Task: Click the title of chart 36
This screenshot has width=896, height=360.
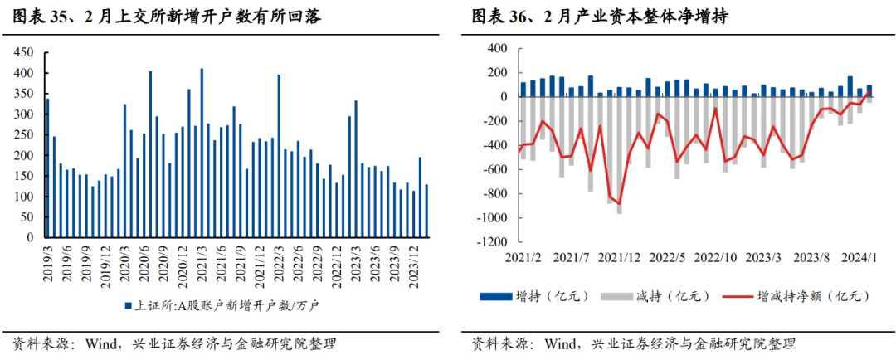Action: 599,17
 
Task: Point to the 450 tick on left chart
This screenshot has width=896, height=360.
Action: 24,52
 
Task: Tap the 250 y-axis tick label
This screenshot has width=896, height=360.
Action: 24,134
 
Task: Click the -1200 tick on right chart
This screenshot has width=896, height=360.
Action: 489,242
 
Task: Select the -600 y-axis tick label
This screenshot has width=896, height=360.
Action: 493,169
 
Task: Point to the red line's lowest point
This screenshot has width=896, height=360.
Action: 619,203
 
